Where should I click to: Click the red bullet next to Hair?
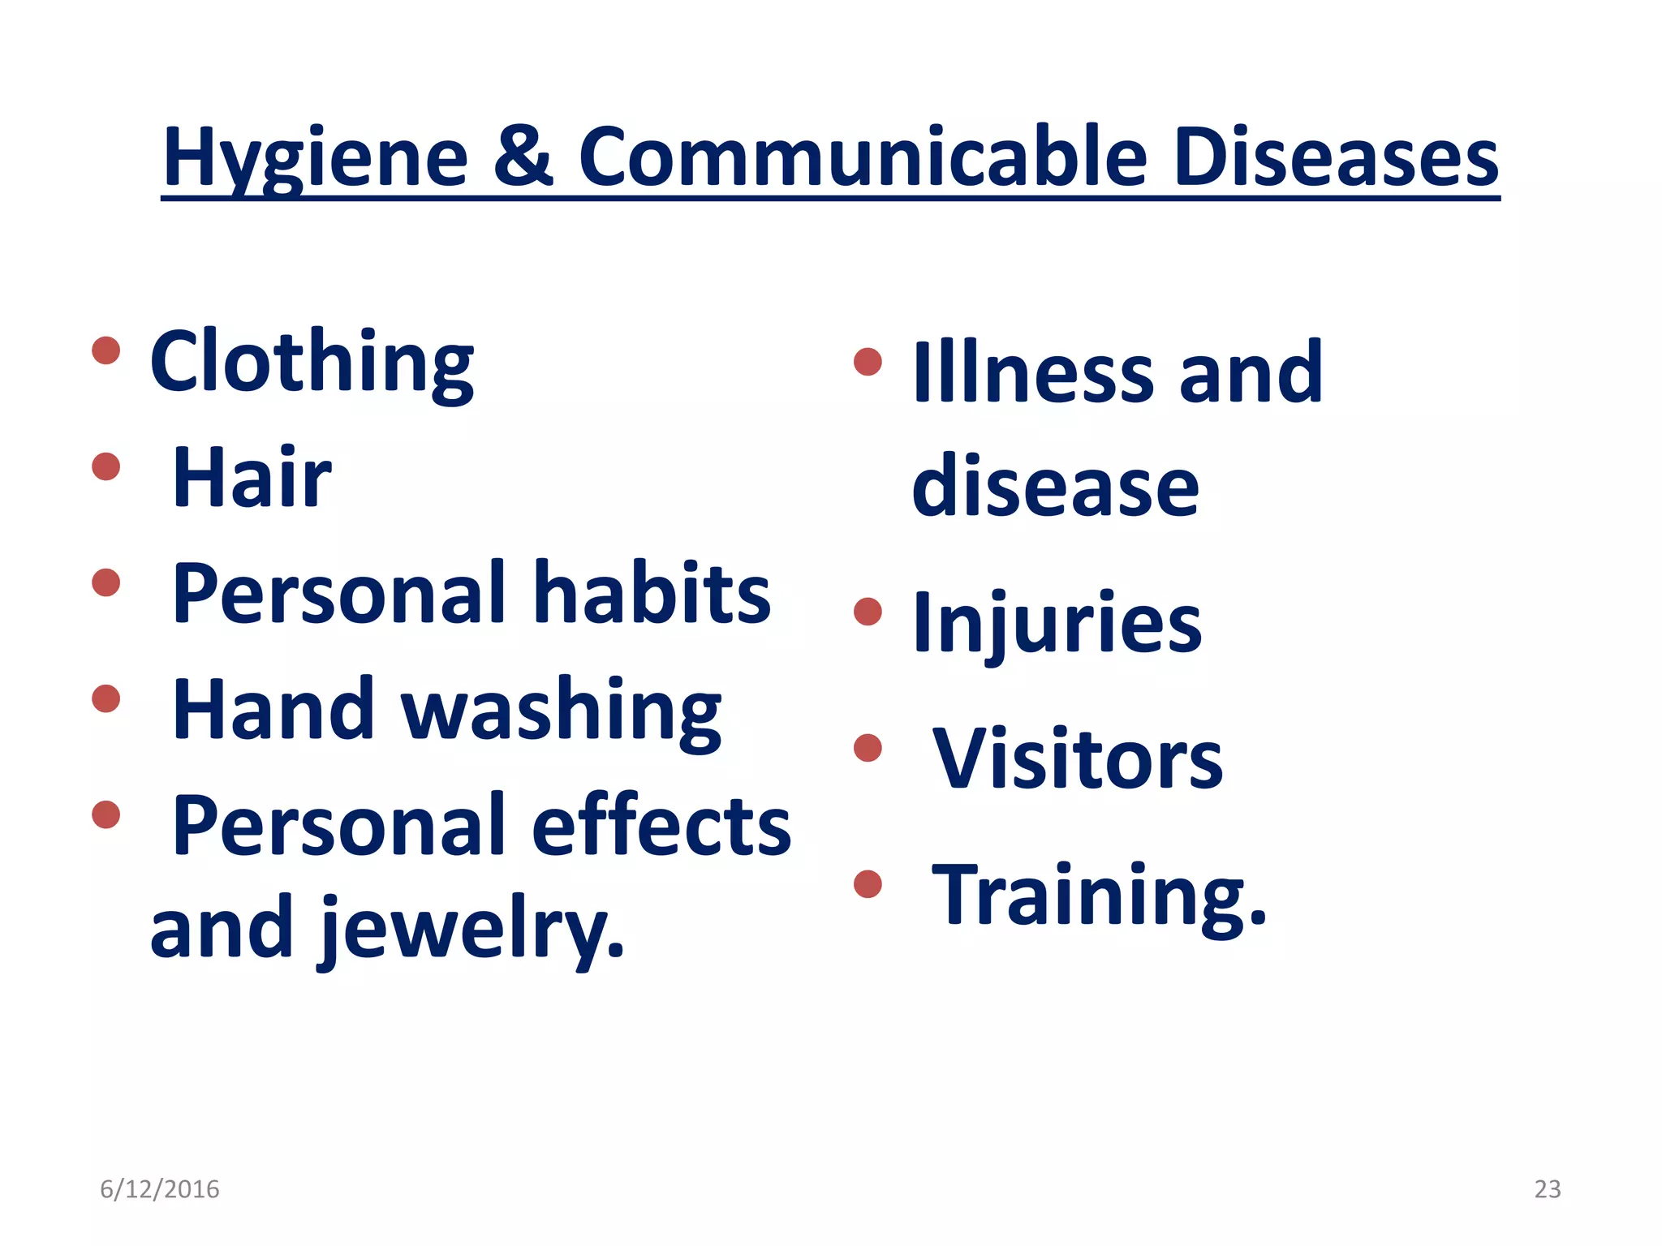(106, 466)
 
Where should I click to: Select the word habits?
(652, 594)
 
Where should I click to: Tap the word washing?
(561, 711)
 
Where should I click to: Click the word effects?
(661, 827)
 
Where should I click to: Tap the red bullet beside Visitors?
(868, 748)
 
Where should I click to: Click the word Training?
(1099, 896)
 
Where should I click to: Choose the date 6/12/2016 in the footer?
(160, 1189)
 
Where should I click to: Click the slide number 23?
(1547, 1189)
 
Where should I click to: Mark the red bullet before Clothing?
(106, 350)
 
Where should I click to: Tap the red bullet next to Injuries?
(868, 612)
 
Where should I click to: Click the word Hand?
(273, 711)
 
